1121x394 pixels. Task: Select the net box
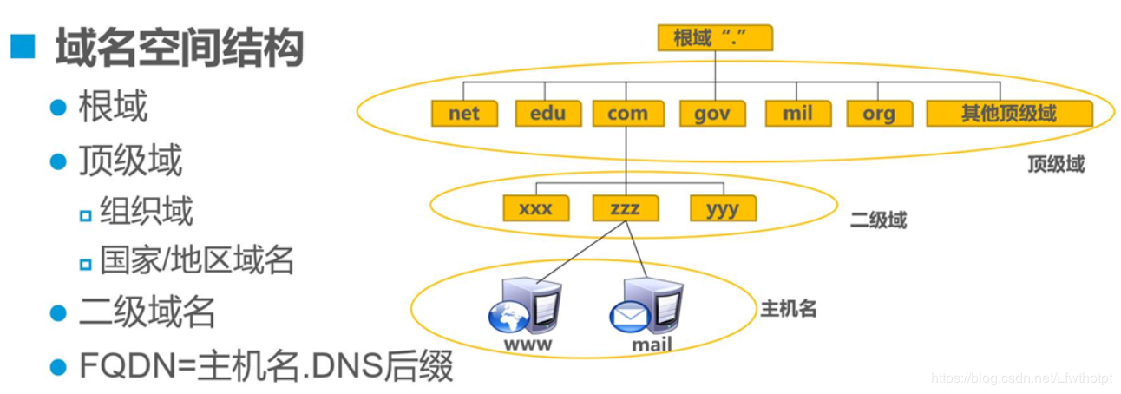464,114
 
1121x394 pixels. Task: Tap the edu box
547,114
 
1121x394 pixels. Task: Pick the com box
627,114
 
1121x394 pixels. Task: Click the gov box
711,114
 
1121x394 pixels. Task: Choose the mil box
797,114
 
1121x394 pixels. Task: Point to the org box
878,114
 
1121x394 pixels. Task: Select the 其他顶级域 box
1008,114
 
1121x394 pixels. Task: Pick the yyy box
723,208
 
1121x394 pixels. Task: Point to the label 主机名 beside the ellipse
789,308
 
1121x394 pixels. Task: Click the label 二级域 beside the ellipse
878,220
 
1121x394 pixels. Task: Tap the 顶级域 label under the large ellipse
1056,164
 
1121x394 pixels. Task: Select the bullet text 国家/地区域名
197,259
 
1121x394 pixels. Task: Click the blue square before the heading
23,47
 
